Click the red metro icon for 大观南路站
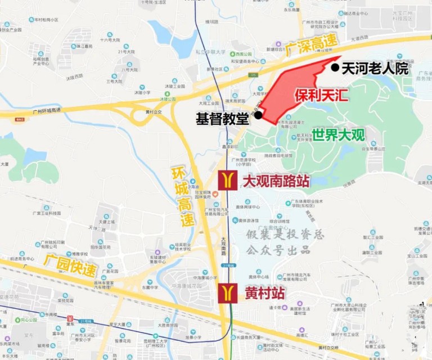[x=228, y=181]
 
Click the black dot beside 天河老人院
[x=335, y=68]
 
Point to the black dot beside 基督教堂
[x=258, y=115]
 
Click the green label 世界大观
[x=339, y=135]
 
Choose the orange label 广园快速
[x=70, y=265]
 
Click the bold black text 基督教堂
[x=222, y=119]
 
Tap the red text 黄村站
[x=264, y=293]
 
